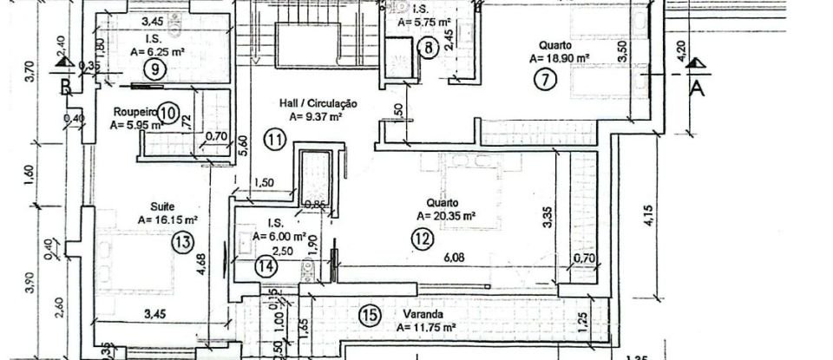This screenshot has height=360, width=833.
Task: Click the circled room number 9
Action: [154, 70]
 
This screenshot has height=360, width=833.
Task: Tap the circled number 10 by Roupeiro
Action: [169, 112]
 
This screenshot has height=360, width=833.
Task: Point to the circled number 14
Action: [266, 267]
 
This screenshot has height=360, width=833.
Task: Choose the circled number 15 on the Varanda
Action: [370, 314]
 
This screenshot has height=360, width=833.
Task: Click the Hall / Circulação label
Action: [318, 103]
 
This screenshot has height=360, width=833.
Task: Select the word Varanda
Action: [424, 313]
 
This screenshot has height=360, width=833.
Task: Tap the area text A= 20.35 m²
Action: [446, 216]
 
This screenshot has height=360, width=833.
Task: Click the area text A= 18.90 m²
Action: [559, 59]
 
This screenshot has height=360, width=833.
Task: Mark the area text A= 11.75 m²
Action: [426, 328]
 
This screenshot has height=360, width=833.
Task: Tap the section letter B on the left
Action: [65, 86]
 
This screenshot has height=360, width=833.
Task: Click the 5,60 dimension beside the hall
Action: [243, 144]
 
